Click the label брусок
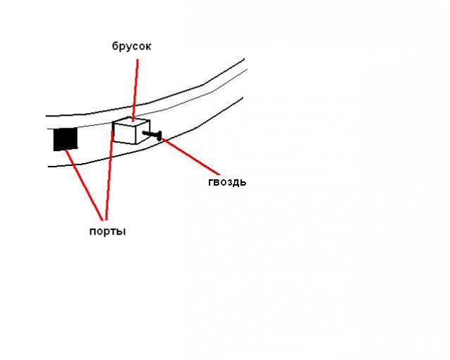point(131,46)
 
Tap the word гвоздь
point(227,182)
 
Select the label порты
point(108,232)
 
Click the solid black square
point(66,139)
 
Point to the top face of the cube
point(131,121)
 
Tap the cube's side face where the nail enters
point(142,132)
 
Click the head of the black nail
point(159,136)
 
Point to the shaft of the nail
point(150,133)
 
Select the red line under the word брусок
point(135,90)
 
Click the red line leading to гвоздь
point(191,156)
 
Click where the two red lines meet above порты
point(104,220)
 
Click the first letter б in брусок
point(115,46)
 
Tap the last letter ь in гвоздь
point(243,182)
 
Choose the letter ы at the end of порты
point(122,232)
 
